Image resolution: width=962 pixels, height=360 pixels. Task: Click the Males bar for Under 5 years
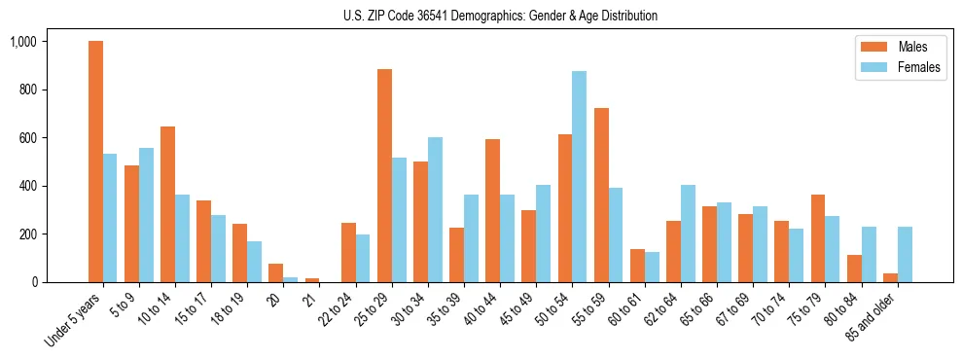pyautogui.click(x=95, y=162)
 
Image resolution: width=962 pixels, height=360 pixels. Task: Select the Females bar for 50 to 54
pyautogui.click(x=579, y=176)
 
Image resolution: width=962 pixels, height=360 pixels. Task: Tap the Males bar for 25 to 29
pyautogui.click(x=384, y=175)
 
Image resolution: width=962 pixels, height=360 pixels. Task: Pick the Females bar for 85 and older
pyautogui.click(x=905, y=254)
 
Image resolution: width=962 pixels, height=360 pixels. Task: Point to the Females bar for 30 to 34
pyautogui.click(x=435, y=209)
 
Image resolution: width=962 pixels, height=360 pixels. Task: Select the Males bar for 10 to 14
pyautogui.click(x=167, y=204)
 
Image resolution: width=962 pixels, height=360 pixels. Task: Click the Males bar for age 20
pyautogui.click(x=276, y=272)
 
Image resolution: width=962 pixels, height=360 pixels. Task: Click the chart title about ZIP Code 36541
pyautogui.click(x=500, y=16)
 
